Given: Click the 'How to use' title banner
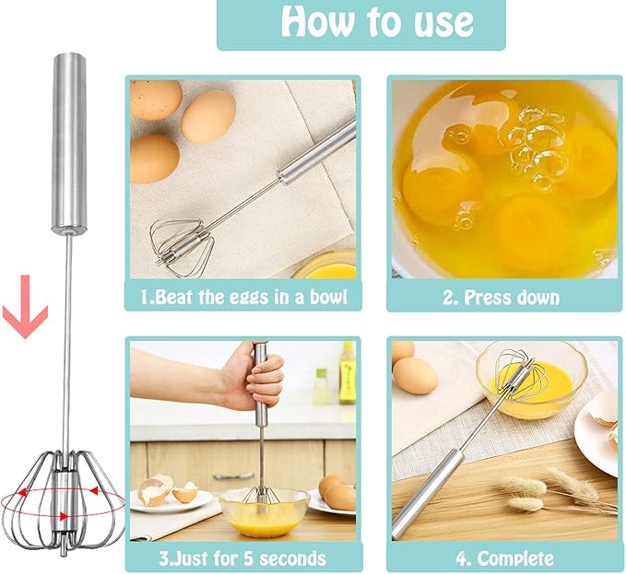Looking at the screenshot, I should click(360, 24).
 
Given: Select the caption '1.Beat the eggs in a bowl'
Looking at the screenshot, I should click(242, 296).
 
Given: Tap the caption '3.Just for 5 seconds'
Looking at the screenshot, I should click(243, 556).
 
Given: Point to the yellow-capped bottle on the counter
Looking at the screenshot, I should click(347, 372).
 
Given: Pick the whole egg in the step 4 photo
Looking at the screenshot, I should click(415, 375).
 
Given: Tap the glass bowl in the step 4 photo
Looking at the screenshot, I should click(530, 378).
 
